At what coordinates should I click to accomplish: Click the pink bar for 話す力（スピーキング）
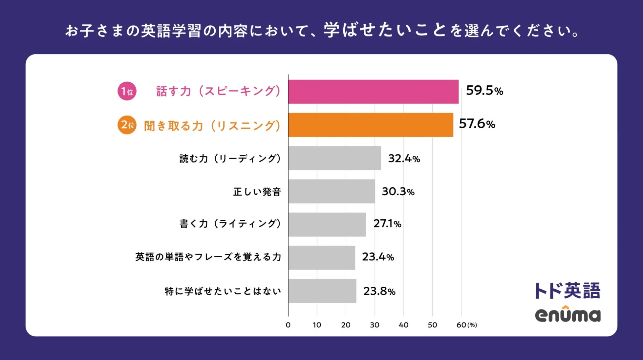[373, 91]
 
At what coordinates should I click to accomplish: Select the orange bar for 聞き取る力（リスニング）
[370, 125]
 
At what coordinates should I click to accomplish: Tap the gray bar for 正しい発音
[331, 191]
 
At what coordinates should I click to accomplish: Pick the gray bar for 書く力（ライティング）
[327, 224]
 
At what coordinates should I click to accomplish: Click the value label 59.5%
[484, 90]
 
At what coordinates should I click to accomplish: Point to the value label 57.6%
[477, 124]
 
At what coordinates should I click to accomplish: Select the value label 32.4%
[404, 158]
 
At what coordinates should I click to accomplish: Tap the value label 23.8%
[379, 291]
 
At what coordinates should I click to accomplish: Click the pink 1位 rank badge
[127, 91]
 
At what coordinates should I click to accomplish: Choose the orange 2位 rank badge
[127, 125]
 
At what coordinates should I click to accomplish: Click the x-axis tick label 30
[374, 325]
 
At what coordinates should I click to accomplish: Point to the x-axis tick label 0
[288, 325]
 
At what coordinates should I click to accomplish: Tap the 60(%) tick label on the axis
[466, 325]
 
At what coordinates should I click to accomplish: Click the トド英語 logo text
[567, 290]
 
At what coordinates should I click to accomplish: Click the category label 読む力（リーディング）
[230, 158]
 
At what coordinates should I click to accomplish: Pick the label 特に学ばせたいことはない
[223, 291]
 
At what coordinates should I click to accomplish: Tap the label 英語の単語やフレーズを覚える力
[208, 257]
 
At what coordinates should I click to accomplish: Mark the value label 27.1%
[387, 223]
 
